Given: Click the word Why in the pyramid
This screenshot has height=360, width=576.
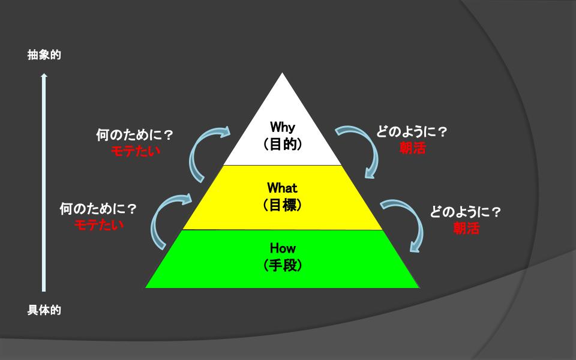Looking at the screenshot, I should [282, 127].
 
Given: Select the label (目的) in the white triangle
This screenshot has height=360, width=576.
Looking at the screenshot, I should [282, 144].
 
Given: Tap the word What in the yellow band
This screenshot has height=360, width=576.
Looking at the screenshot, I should [282, 188].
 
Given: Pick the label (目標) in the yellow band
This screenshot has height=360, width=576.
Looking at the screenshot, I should [282, 205].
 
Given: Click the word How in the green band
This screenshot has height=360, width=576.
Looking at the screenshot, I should [282, 248].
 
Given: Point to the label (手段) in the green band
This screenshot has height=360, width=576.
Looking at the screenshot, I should [282, 265].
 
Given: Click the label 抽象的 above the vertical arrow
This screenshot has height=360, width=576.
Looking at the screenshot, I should [44, 55].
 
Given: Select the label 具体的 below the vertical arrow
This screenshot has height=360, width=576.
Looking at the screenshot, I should [44, 311].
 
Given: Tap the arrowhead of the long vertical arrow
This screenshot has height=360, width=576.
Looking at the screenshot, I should [44, 76].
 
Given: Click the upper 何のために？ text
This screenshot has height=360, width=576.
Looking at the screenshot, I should [135, 136].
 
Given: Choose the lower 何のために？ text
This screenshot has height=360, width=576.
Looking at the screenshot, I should [98, 209].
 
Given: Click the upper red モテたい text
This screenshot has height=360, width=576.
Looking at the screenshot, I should [136, 151].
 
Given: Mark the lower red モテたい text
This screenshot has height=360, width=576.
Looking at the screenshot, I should [99, 225].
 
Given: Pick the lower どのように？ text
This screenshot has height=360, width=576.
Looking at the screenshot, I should [466, 212].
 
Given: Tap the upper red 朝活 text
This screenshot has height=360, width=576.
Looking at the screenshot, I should [412, 148].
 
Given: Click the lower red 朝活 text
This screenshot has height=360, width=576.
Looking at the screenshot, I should [466, 228].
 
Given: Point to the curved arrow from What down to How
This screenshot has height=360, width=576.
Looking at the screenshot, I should [404, 222].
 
